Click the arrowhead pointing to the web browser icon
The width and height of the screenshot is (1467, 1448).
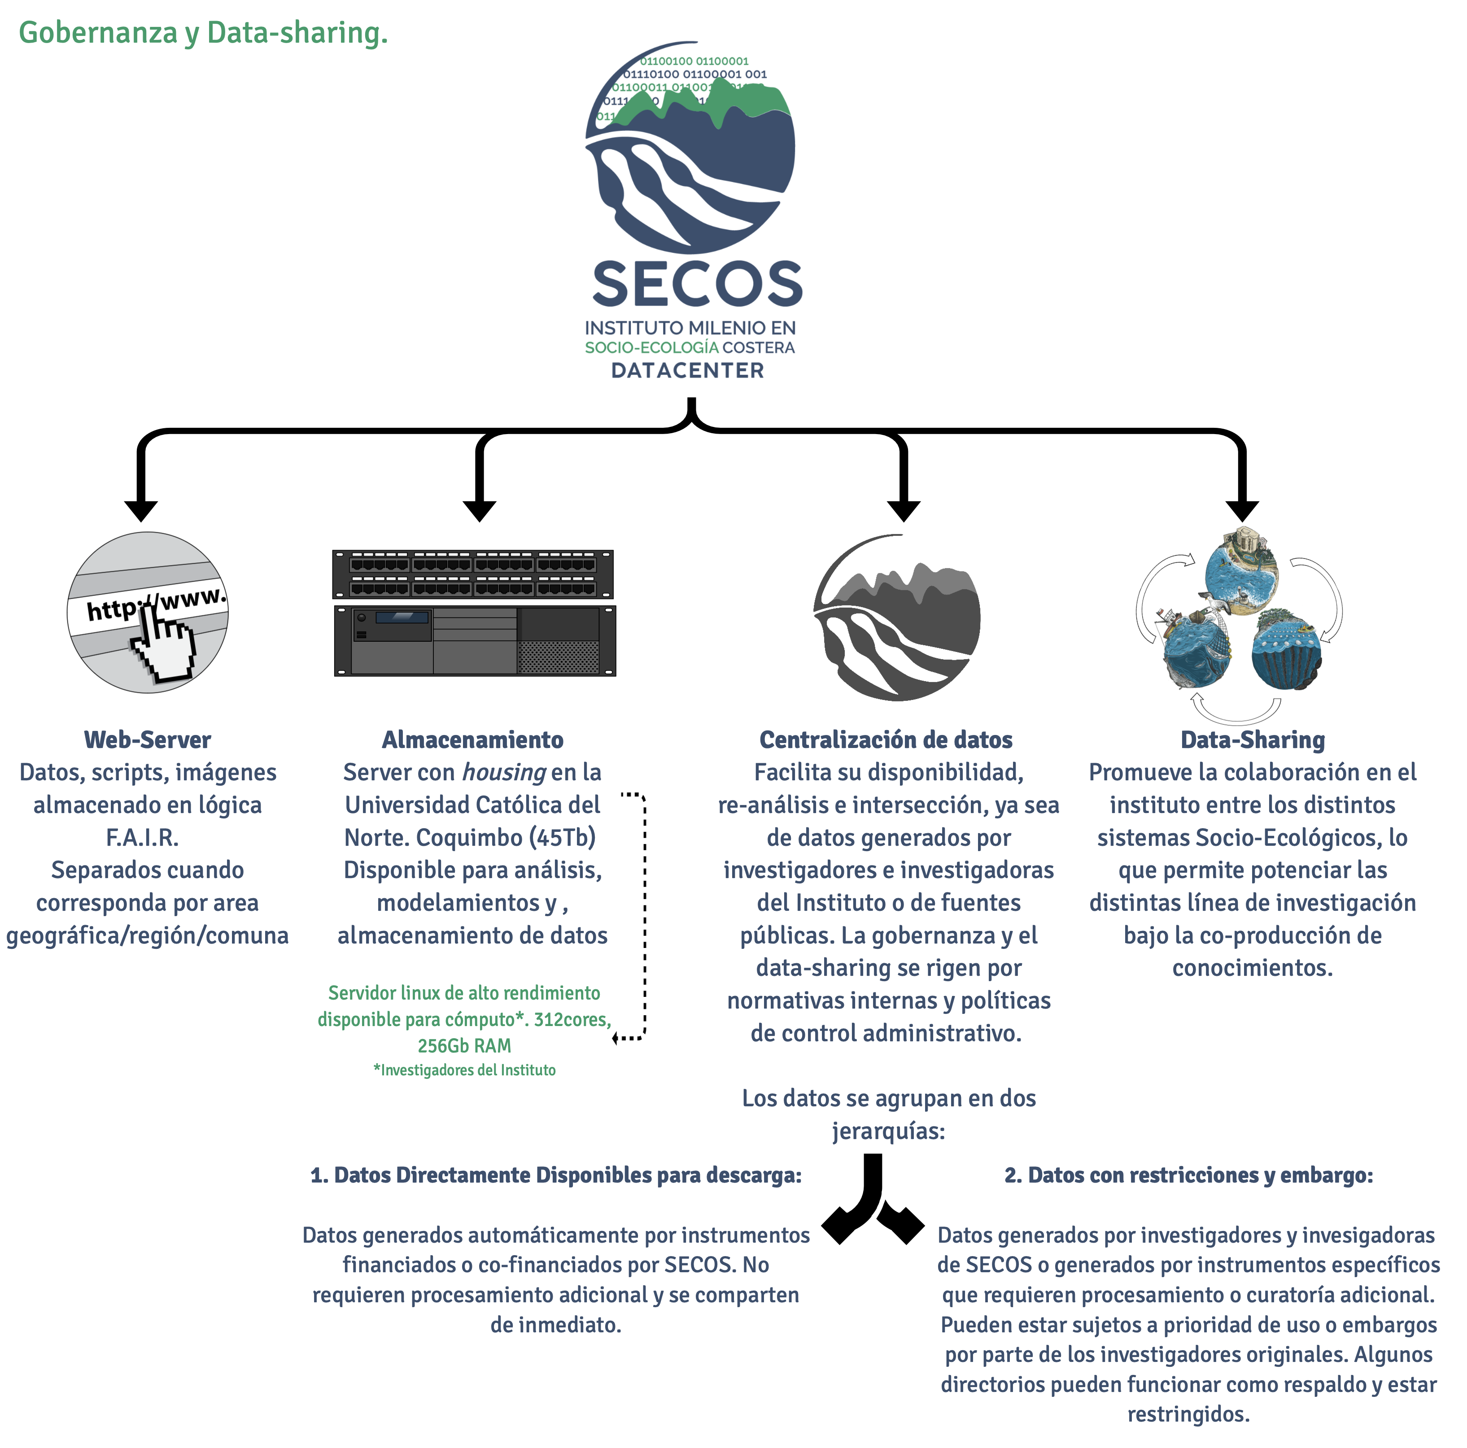(141, 511)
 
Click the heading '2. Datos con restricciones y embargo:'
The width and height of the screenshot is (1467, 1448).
(1188, 1175)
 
